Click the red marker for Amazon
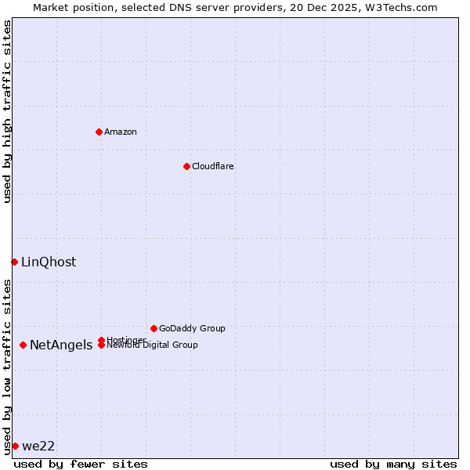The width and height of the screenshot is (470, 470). [x=99, y=132]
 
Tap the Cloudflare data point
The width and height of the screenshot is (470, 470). [x=186, y=166]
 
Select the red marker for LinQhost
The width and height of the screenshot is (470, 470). [x=14, y=262]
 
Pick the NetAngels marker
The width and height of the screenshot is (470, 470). [x=23, y=345]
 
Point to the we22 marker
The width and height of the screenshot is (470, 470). [x=15, y=446]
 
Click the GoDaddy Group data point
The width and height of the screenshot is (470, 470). [x=154, y=328]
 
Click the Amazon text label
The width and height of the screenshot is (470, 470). [x=121, y=132]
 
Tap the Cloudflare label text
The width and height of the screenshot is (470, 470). [x=212, y=166]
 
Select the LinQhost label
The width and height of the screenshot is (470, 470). [x=49, y=262]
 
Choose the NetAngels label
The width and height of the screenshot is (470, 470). [x=61, y=345]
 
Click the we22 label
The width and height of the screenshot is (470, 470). [x=38, y=446]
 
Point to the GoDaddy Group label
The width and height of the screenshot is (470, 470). [x=192, y=329]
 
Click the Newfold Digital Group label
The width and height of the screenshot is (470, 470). [x=153, y=345]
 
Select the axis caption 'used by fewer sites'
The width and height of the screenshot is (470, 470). [x=81, y=464]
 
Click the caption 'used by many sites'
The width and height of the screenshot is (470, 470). [x=393, y=464]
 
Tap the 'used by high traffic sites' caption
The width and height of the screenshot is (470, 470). [x=7, y=111]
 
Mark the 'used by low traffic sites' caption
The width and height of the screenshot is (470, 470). [x=7, y=366]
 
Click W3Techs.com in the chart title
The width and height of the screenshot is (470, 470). [x=398, y=7]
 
